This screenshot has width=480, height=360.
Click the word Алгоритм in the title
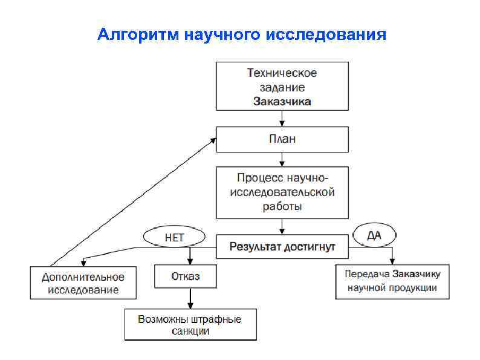click(x=138, y=33)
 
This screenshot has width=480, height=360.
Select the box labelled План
click(x=282, y=139)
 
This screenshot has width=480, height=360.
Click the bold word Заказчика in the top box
click(x=282, y=102)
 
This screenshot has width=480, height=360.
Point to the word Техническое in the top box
click(x=282, y=73)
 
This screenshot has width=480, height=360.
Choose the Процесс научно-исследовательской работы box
click(x=282, y=192)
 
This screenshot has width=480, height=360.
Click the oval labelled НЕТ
click(x=174, y=237)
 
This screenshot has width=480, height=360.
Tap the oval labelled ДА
click(x=374, y=235)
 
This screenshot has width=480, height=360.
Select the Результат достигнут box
click(x=282, y=247)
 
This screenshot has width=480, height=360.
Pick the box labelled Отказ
click(x=185, y=277)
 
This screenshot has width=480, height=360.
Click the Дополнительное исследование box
click(x=83, y=283)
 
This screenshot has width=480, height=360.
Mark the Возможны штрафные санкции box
click(x=189, y=325)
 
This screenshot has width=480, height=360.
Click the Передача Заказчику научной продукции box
click(x=392, y=281)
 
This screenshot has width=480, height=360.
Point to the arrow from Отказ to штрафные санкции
click(x=190, y=298)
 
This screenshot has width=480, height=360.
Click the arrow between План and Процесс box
click(x=282, y=160)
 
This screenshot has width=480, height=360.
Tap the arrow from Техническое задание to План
click(x=282, y=119)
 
